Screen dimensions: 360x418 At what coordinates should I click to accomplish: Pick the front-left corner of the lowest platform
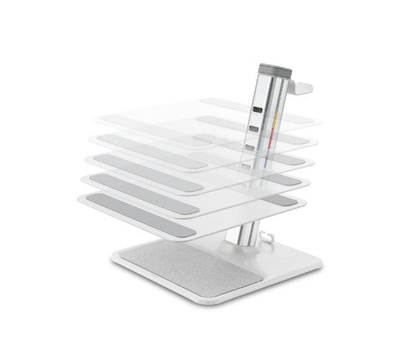(81, 198)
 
